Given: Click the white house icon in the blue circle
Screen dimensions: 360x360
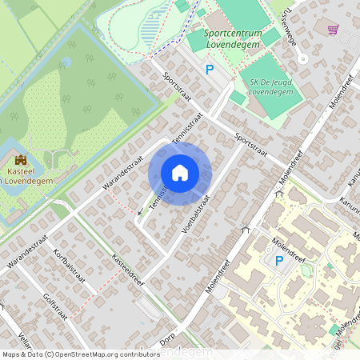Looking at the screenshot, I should click(x=180, y=173).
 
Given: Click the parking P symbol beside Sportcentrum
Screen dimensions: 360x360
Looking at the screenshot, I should click(x=210, y=70).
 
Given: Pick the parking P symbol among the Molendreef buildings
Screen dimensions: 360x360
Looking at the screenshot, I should click(x=279, y=261).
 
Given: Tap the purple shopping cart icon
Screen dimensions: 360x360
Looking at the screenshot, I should click(x=332, y=29).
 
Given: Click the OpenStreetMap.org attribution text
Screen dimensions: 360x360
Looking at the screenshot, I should click(x=109, y=354).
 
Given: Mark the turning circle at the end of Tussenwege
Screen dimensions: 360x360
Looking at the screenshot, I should click(x=302, y=60).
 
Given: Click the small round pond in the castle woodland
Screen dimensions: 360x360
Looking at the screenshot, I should click(x=67, y=62).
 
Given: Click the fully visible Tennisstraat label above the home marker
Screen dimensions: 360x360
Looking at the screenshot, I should click(x=186, y=126).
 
